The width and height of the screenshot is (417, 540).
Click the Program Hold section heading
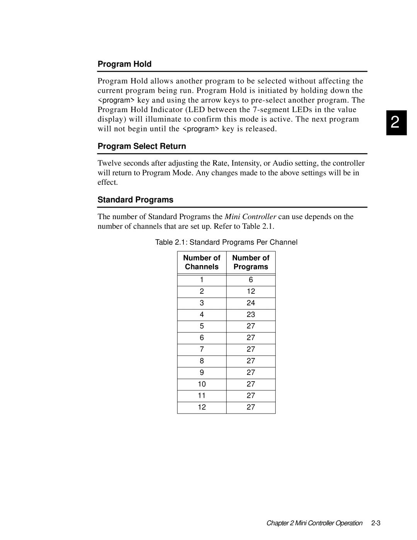(x=124, y=64)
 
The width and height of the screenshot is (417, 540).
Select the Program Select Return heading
(x=142, y=146)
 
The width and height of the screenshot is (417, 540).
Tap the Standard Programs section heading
(x=135, y=200)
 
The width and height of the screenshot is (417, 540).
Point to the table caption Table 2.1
(x=226, y=242)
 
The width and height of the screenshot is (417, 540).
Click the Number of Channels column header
(x=202, y=262)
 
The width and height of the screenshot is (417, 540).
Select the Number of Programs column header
(x=251, y=262)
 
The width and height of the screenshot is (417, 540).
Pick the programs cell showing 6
(x=251, y=280)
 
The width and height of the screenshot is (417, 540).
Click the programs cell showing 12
(x=251, y=291)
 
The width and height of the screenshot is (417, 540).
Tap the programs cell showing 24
(x=251, y=303)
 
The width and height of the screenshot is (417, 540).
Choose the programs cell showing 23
(x=251, y=315)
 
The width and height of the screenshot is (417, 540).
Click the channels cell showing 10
(x=202, y=384)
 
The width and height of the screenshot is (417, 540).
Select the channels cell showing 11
(x=202, y=396)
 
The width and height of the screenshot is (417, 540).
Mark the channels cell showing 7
(x=202, y=349)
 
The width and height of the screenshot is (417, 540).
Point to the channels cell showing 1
(x=202, y=280)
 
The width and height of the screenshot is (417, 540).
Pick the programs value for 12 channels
(x=251, y=407)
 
